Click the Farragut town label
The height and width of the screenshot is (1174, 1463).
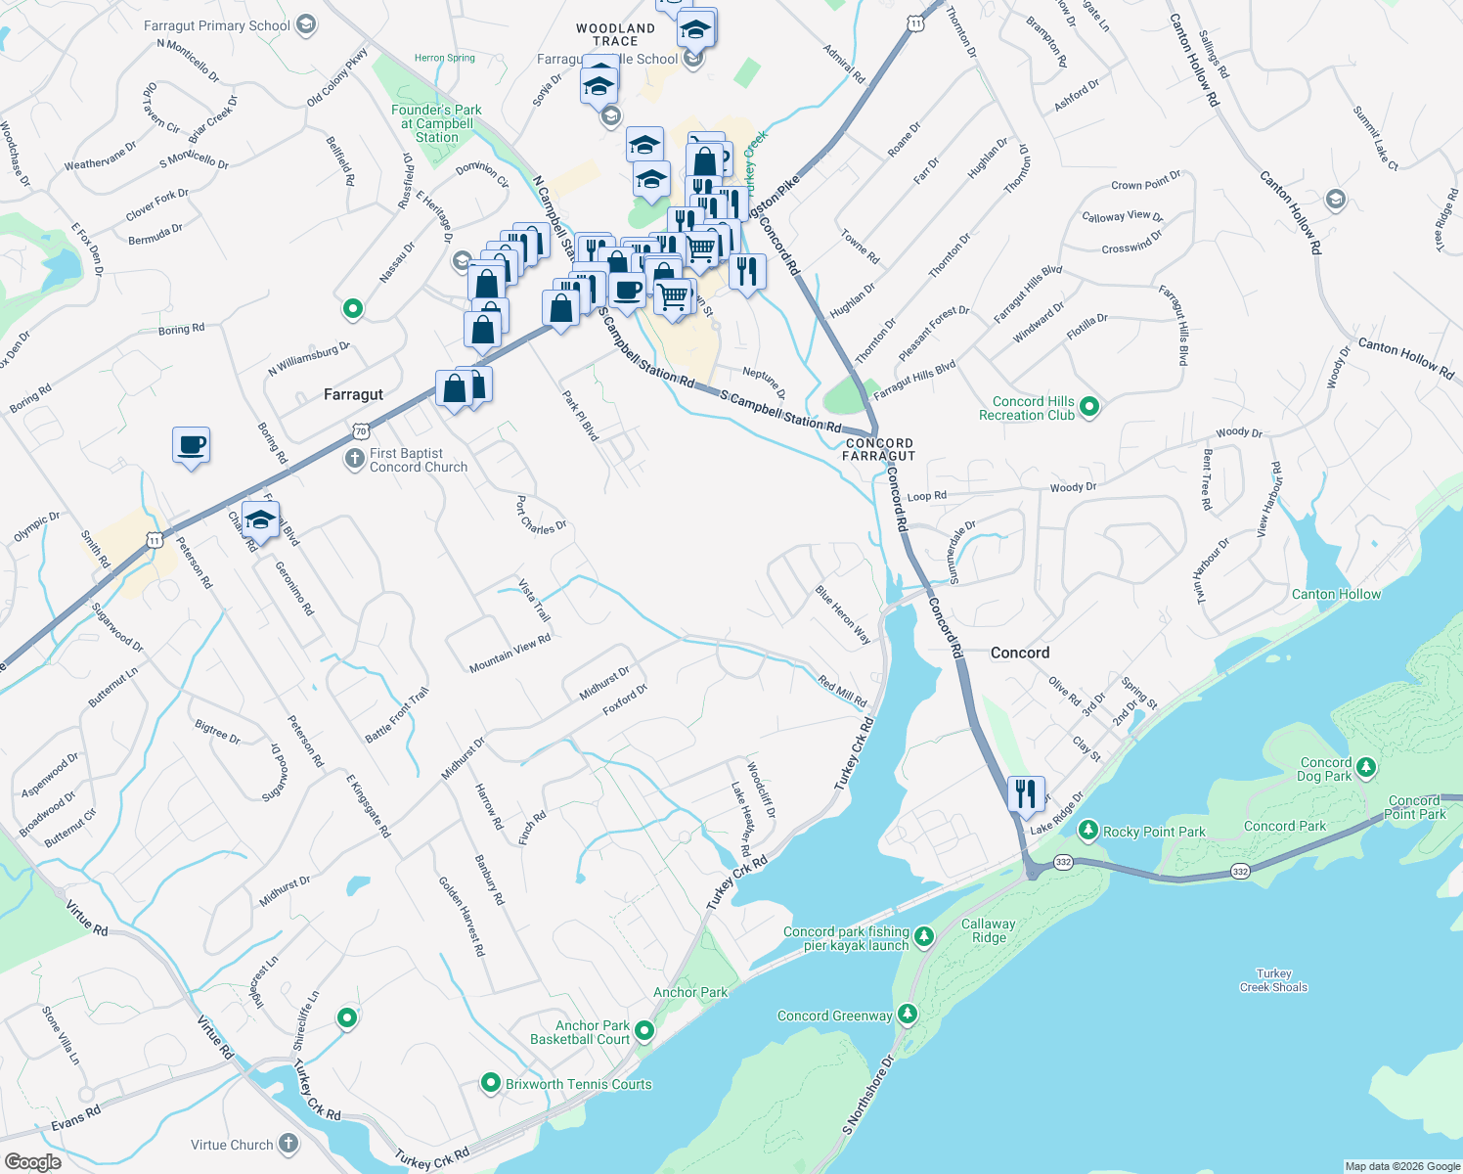click(353, 394)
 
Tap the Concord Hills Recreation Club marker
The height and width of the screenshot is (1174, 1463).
click(1089, 406)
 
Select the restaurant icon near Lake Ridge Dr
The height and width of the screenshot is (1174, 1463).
click(1025, 793)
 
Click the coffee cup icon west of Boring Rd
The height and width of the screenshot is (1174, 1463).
click(192, 445)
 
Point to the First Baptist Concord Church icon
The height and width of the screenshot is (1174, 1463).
click(354, 459)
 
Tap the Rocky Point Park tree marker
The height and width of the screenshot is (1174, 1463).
click(1087, 831)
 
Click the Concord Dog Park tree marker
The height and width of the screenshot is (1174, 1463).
click(1366, 768)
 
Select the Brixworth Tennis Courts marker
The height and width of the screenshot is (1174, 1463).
click(490, 1083)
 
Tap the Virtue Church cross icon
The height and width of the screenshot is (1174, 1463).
click(288, 1143)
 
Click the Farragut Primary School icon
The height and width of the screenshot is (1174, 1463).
click(306, 24)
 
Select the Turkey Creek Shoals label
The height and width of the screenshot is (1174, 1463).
click(1273, 980)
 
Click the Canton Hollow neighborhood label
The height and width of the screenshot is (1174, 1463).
click(1336, 594)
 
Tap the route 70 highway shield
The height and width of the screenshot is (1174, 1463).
click(362, 430)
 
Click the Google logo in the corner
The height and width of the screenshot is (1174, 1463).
click(32, 1161)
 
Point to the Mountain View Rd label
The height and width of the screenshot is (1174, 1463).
click(510, 653)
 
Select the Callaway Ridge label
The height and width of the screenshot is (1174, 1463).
click(988, 930)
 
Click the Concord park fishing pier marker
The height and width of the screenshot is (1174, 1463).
click(924, 937)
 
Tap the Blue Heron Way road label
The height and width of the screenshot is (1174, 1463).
click(843, 614)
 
